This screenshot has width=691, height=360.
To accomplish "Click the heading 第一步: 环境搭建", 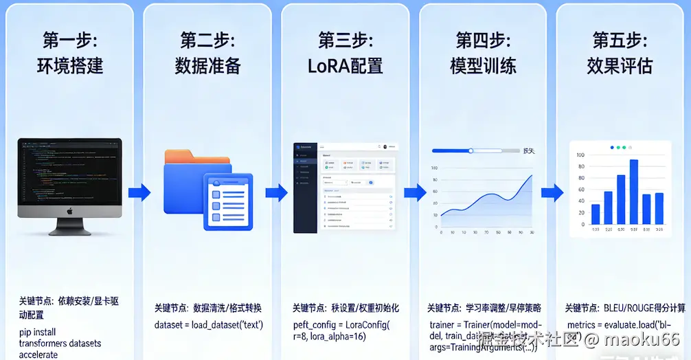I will tap(69, 53).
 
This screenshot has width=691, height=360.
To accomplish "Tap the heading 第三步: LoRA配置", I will tap(345, 53).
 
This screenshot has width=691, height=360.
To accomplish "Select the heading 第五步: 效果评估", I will tap(619, 53).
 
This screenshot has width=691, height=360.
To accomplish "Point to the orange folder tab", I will tap(187, 158).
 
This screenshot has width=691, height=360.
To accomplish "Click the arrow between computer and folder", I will tap(139, 192).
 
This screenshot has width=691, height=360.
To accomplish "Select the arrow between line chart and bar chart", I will tap(552, 192).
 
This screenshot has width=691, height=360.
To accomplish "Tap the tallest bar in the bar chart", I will tap(633, 191).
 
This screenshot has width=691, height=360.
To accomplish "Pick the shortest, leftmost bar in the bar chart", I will tap(596, 214).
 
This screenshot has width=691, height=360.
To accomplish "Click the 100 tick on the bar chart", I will tap(580, 155).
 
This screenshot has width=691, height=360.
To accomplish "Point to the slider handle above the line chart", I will tap(471, 150).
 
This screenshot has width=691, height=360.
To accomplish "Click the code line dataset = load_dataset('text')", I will tap(208, 324).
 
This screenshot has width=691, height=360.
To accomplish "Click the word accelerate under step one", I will tap(38, 355).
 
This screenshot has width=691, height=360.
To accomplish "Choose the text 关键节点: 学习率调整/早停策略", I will tap(484, 308).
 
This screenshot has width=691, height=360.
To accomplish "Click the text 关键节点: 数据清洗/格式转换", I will tap(207, 308).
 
